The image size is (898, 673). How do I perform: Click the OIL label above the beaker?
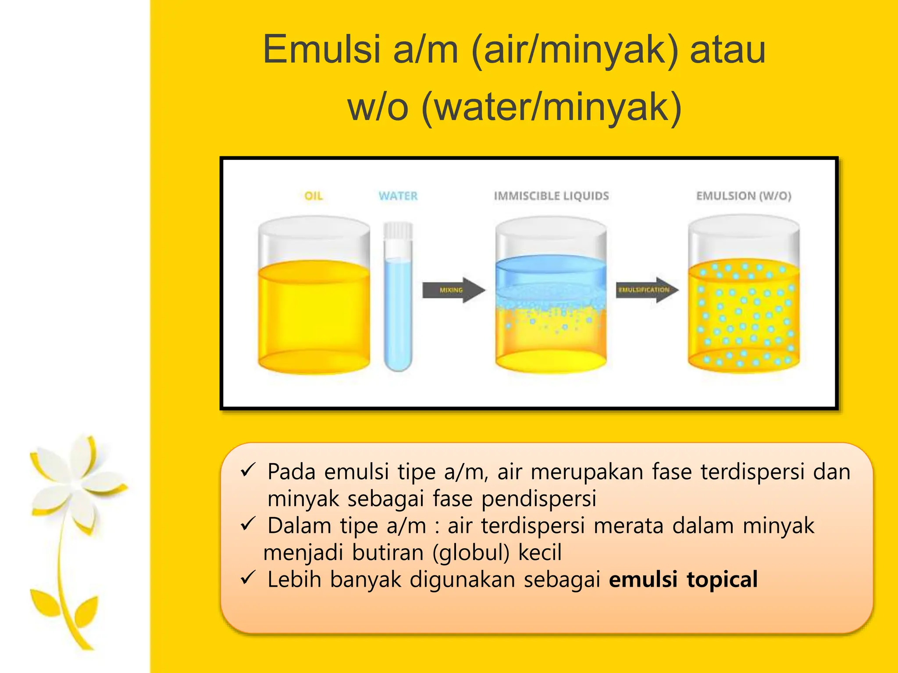(x=314, y=196)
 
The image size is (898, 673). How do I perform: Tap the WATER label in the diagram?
(x=398, y=196)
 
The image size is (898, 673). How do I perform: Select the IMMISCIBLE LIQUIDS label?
(x=551, y=196)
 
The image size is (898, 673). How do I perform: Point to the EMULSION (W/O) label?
(x=744, y=196)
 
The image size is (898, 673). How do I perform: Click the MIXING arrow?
(x=453, y=290)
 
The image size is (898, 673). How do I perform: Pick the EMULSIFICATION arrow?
(x=647, y=290)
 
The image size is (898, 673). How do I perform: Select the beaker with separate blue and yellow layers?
(x=551, y=302)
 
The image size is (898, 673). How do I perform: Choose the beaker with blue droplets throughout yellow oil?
(x=744, y=307)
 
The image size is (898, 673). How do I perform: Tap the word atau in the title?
(x=728, y=50)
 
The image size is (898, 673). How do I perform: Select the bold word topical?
(x=722, y=579)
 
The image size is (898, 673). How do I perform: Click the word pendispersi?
(x=539, y=499)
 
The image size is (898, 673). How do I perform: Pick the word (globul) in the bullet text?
(x=470, y=552)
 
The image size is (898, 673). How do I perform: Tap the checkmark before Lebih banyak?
(x=248, y=578)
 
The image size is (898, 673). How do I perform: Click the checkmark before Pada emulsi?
(x=248, y=471)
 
